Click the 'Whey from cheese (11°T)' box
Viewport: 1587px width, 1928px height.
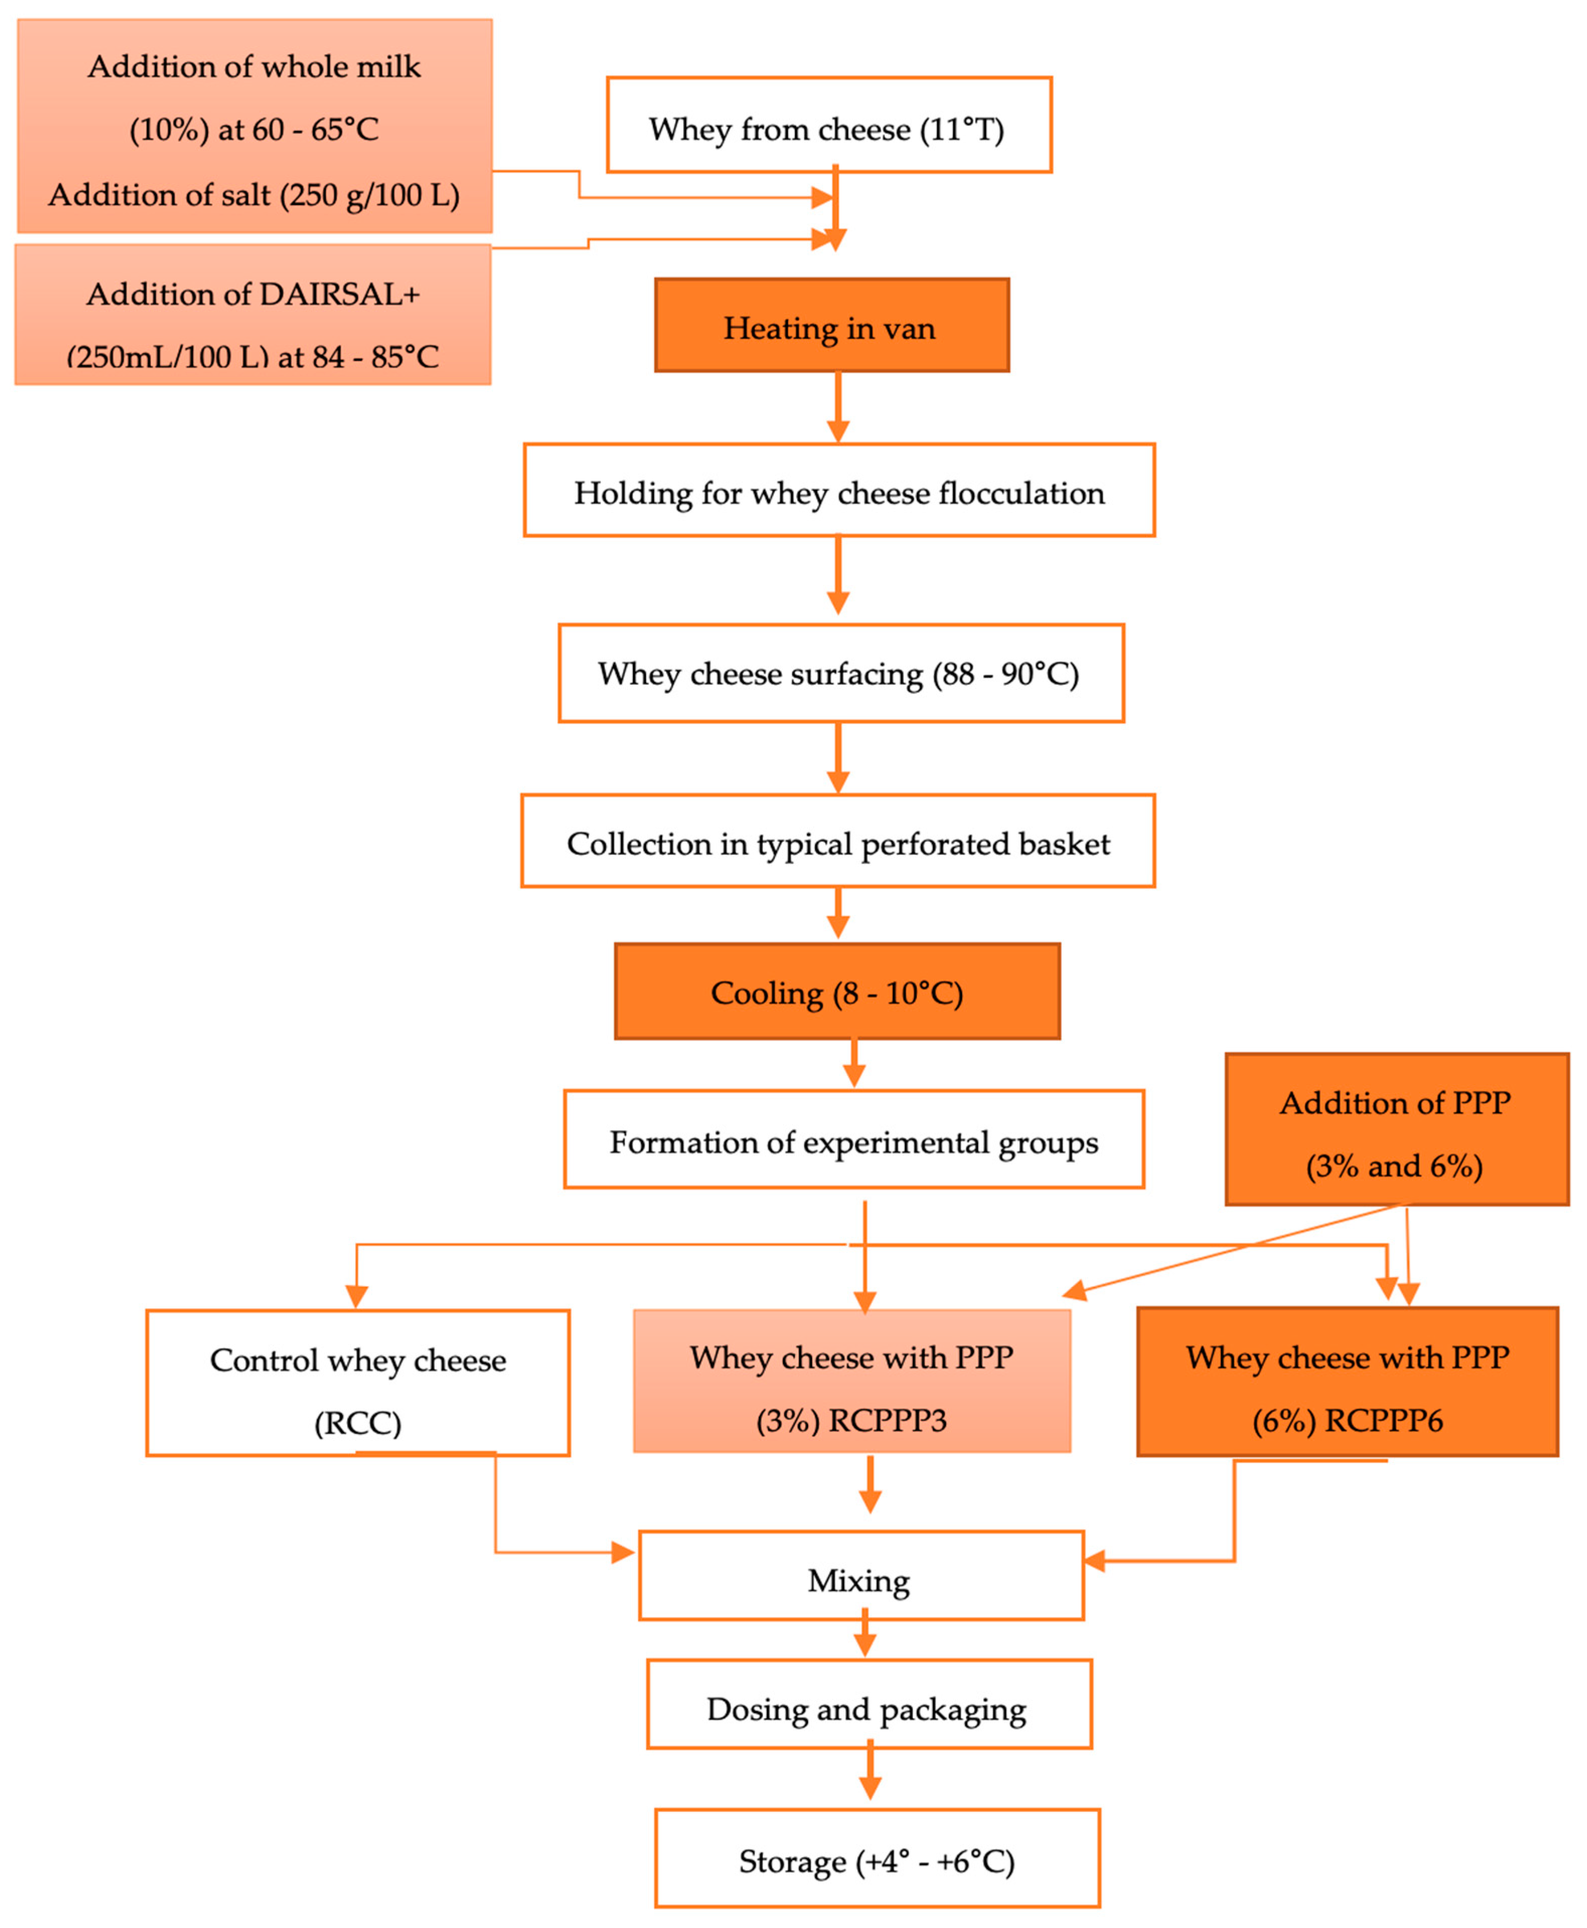[828, 125]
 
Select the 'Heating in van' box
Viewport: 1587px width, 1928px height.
[831, 326]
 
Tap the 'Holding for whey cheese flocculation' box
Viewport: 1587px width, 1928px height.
[838, 491]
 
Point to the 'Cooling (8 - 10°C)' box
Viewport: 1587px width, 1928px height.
[836, 992]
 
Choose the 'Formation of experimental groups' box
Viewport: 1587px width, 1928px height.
[853, 1140]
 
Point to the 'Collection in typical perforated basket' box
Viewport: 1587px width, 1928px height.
[837, 841]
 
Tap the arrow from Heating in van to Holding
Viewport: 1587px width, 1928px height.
[837, 407]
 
